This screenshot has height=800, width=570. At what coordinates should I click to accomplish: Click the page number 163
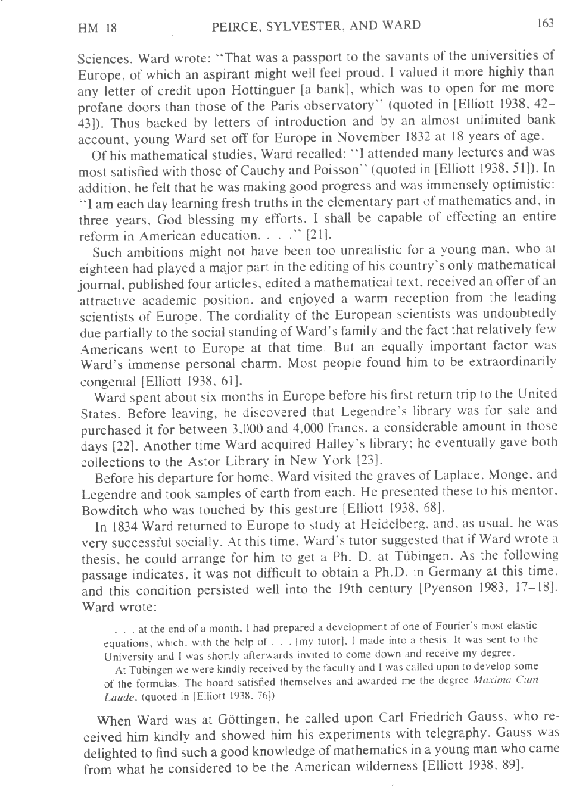point(545,23)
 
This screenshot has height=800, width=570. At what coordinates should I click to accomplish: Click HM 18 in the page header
point(97,27)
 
